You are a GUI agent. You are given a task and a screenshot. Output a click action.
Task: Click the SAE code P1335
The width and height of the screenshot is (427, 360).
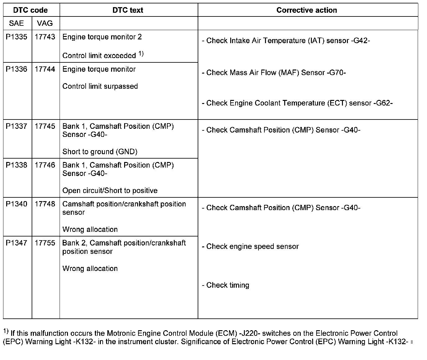pyautogui.click(x=17, y=37)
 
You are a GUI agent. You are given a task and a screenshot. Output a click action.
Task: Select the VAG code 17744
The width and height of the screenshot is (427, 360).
pyautogui.click(x=45, y=69)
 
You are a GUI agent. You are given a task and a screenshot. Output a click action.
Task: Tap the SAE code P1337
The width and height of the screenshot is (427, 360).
pyautogui.click(x=17, y=126)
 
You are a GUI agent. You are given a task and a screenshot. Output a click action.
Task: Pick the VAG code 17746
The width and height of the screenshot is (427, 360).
pyautogui.click(x=45, y=165)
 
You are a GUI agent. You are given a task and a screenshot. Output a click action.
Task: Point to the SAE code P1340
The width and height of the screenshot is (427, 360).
pyautogui.click(x=17, y=204)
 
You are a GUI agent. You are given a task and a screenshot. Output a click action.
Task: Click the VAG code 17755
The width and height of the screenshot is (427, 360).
pyautogui.click(x=45, y=243)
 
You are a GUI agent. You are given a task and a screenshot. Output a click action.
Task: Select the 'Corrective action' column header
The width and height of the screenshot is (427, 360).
pyautogui.click(x=307, y=10)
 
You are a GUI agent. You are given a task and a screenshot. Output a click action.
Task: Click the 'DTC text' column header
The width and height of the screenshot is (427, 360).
pyautogui.click(x=128, y=10)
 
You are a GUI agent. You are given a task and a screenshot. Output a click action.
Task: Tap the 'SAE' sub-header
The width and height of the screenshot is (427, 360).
pyautogui.click(x=16, y=23)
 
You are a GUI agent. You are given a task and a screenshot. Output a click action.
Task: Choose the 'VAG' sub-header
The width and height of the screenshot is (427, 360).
pyautogui.click(x=45, y=23)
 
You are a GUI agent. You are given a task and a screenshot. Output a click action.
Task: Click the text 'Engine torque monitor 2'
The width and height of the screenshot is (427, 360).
pyautogui.click(x=102, y=37)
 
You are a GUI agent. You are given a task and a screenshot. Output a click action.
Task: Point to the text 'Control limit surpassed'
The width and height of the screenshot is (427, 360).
pyautogui.click(x=100, y=86)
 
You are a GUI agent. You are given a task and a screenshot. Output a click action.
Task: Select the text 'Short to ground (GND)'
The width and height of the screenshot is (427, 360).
pyautogui.click(x=100, y=152)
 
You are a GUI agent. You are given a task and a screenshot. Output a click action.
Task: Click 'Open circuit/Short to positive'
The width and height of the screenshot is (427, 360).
pyautogui.click(x=110, y=191)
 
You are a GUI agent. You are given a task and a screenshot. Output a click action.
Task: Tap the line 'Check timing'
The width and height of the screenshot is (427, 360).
pyautogui.click(x=226, y=285)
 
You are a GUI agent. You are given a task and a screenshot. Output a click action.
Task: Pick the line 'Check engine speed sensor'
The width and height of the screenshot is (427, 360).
pyautogui.click(x=250, y=246)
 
